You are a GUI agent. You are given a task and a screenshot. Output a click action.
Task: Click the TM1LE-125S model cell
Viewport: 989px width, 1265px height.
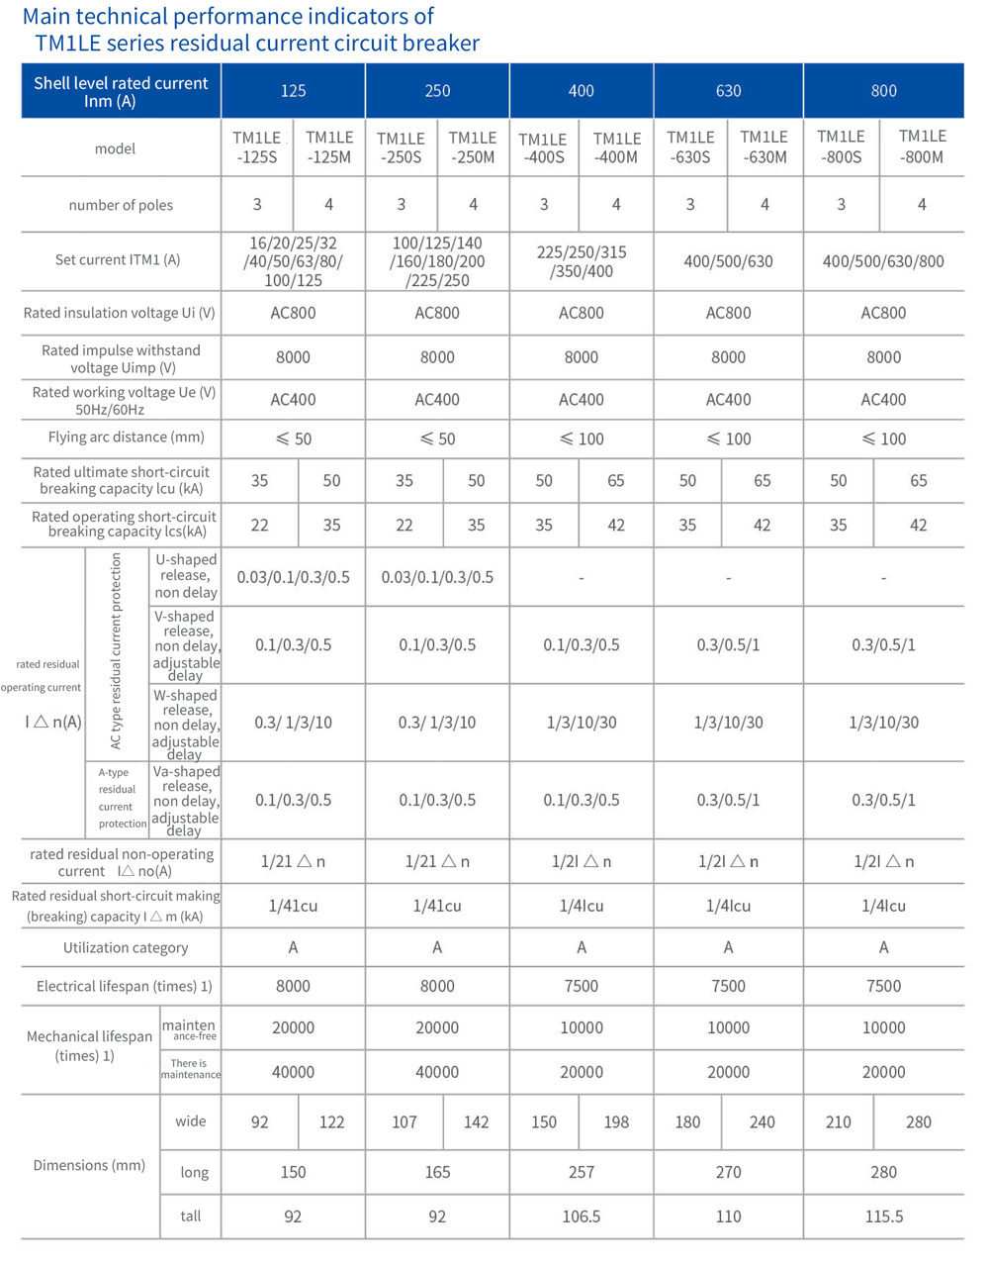256,147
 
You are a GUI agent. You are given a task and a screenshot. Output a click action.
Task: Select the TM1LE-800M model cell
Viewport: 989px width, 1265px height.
922,146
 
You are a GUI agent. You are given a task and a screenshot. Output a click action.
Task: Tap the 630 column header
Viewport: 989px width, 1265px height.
728,91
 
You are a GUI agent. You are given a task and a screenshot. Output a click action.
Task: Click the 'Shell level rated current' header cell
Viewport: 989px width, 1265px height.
121,91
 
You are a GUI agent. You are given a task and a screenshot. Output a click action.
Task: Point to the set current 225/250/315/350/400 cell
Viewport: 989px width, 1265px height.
581,261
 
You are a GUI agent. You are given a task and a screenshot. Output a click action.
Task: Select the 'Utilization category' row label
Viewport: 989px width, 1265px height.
126,947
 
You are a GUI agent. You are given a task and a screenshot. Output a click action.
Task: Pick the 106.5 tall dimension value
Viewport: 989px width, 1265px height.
581,1216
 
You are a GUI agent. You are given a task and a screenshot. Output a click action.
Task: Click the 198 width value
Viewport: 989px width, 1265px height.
616,1121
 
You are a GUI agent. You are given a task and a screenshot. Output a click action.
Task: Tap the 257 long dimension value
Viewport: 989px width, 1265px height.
581,1172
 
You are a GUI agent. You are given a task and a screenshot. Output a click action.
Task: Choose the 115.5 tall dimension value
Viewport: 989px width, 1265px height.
883,1216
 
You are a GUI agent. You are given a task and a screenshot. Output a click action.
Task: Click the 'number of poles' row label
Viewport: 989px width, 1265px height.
121,205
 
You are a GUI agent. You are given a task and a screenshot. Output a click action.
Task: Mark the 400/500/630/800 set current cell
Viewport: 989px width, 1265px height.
883,261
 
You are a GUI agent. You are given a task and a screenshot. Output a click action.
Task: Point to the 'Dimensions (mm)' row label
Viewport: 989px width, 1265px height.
89,1165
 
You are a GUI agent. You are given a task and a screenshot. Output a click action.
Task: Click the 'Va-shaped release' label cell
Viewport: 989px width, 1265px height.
186,800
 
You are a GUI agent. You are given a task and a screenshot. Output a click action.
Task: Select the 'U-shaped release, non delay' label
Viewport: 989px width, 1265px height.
186,576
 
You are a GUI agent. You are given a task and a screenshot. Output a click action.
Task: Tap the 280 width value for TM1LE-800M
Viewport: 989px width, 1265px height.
918,1121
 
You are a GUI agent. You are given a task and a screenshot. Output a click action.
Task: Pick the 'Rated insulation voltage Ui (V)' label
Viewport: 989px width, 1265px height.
119,313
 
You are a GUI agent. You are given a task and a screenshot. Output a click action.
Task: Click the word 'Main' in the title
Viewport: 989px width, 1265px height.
46,17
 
